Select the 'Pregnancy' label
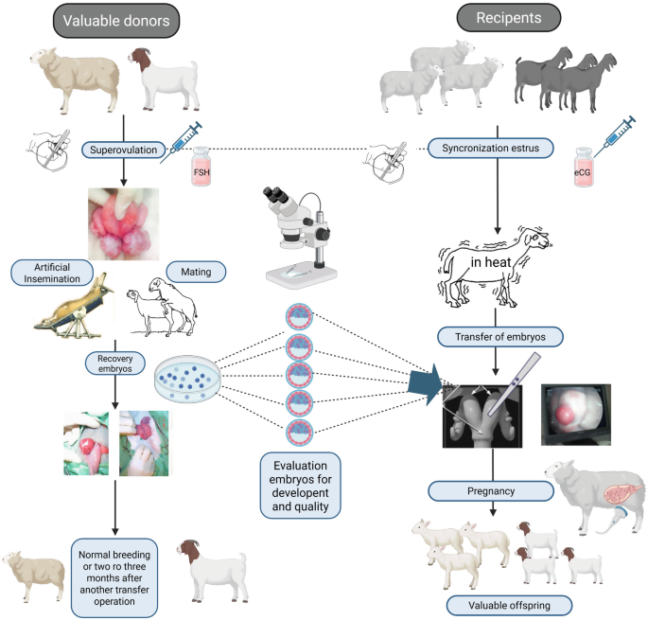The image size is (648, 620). point(490,490)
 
